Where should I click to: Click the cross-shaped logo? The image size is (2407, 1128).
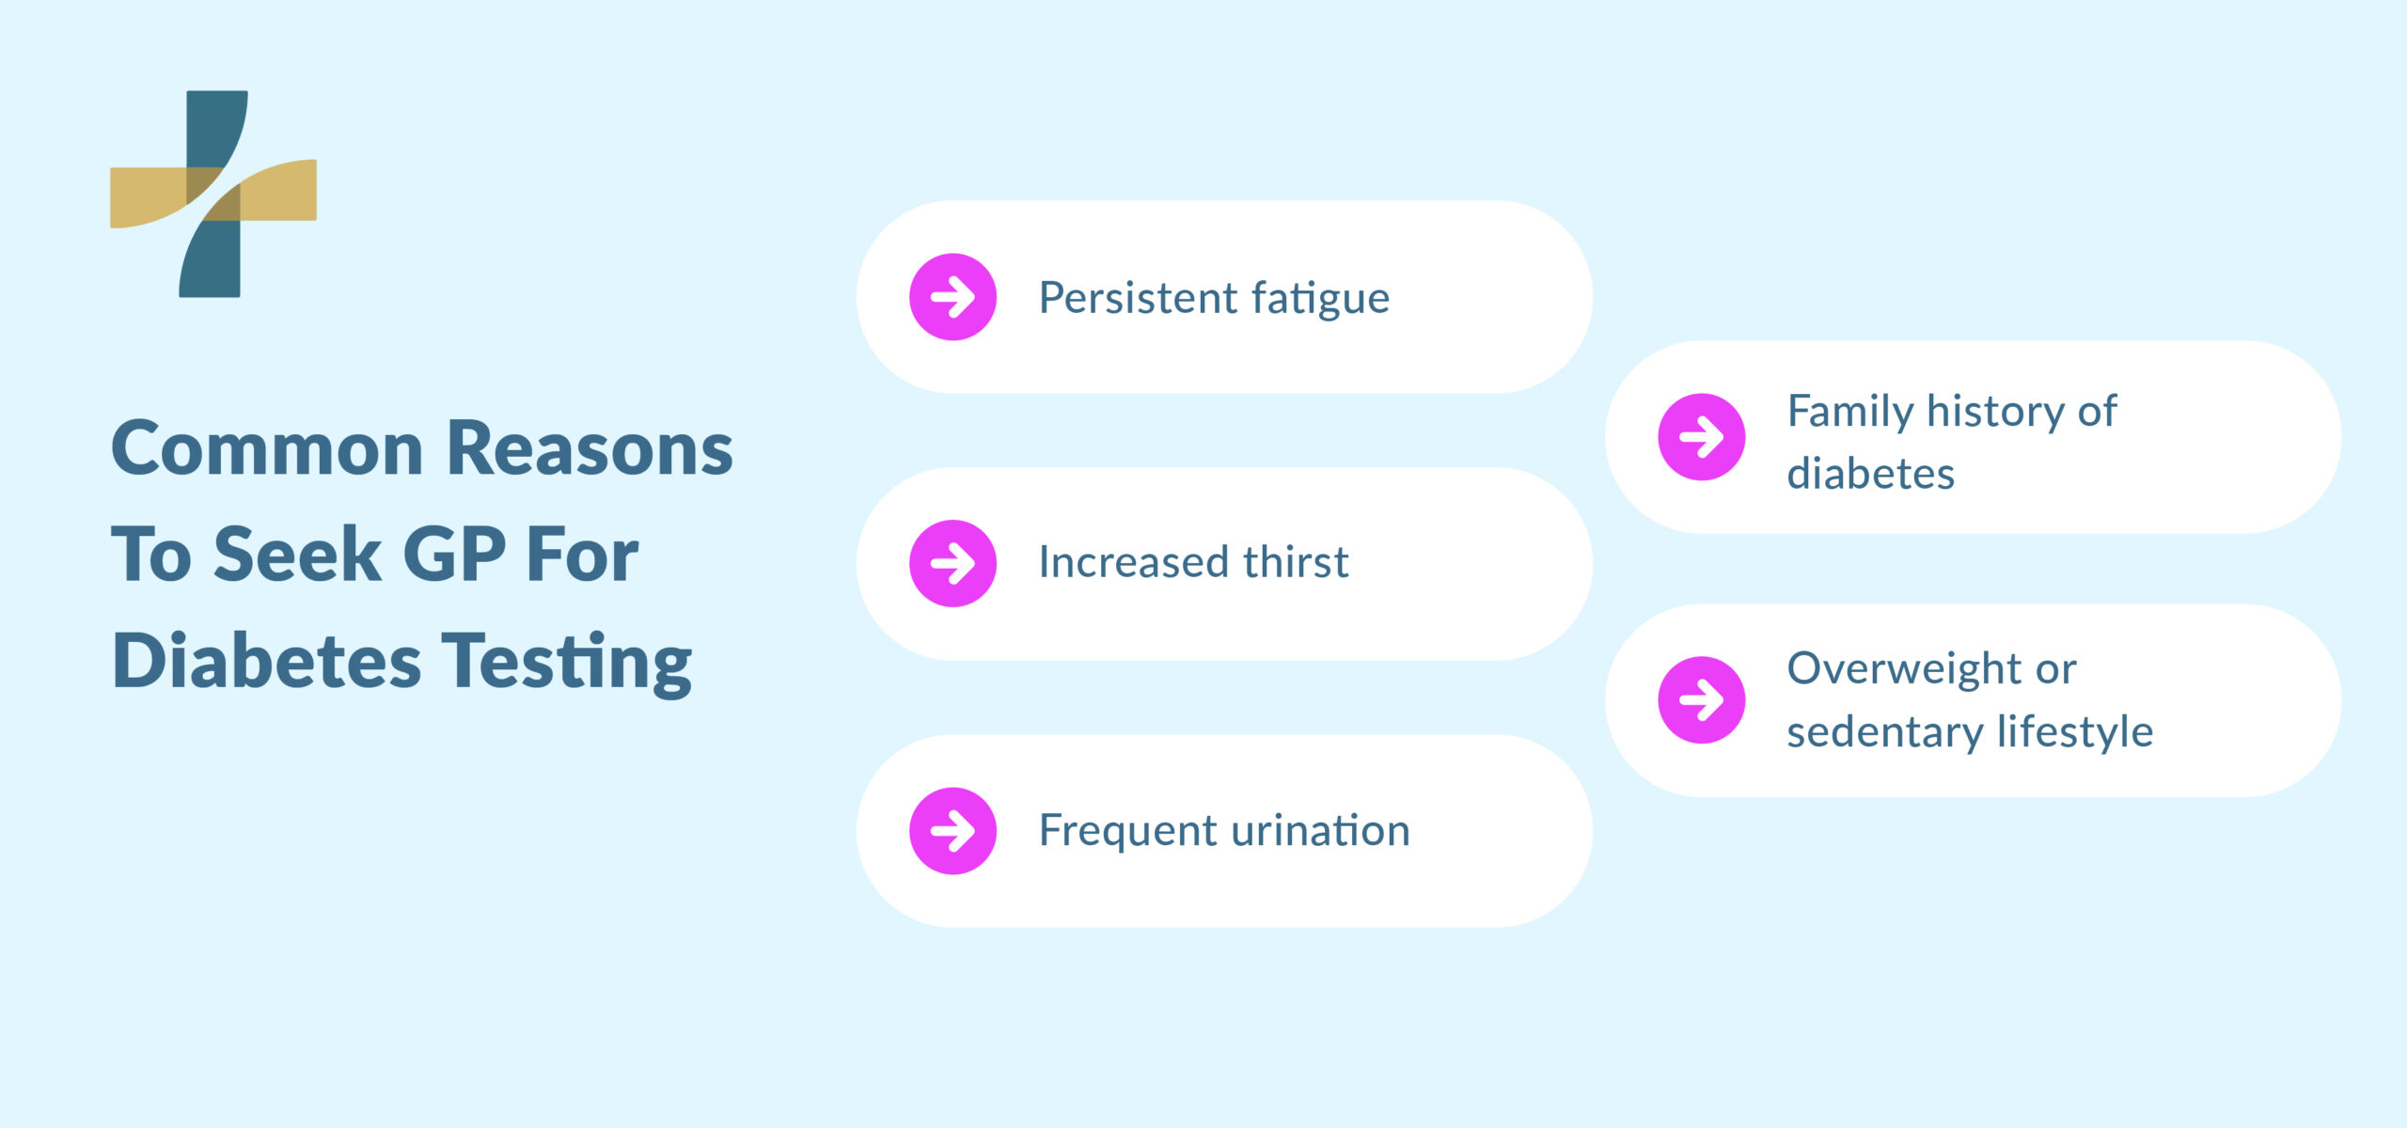(213, 194)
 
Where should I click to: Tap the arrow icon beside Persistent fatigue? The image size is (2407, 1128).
(952, 297)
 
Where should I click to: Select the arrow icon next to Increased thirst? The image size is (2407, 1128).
(952, 563)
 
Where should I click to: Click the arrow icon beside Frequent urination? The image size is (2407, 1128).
(952, 831)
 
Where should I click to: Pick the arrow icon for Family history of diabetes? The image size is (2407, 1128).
(1701, 437)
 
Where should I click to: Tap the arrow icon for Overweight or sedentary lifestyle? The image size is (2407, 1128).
(1701, 700)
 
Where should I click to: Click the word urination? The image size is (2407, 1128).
(1320, 831)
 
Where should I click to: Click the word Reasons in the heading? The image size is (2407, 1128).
(590, 448)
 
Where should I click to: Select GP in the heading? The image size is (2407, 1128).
(454, 555)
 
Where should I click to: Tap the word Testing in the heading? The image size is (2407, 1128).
(567, 664)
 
